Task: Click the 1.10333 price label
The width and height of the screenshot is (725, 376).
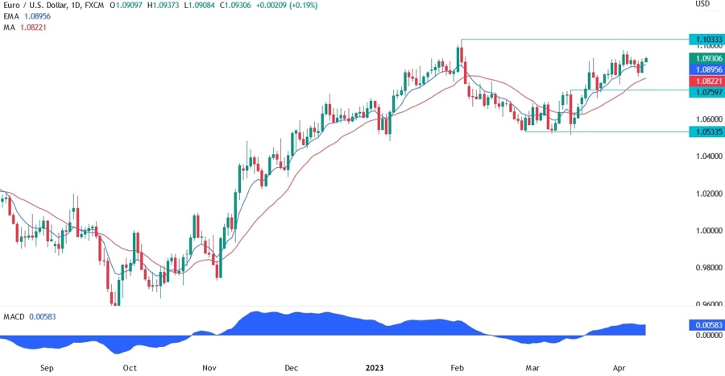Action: coord(706,39)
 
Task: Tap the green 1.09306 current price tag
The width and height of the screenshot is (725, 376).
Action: coord(706,59)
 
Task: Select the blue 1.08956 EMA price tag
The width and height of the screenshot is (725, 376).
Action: coord(706,70)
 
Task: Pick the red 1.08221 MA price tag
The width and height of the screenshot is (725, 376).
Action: coord(706,82)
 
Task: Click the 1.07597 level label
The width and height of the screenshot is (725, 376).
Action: coord(706,93)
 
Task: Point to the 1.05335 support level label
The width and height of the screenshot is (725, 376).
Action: coord(706,132)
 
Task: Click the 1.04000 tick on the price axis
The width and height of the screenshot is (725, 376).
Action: coord(706,157)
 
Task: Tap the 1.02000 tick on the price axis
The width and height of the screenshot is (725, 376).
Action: coord(706,194)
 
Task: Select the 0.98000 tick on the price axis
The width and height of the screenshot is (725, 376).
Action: coord(706,268)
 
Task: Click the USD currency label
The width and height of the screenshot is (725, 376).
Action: coord(702,5)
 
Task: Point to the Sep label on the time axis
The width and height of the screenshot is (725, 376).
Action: coord(46,368)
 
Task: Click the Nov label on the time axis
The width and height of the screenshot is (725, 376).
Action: coord(209,368)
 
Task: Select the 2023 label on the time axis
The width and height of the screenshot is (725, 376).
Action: coord(375,368)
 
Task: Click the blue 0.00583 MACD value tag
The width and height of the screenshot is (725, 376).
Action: coord(706,324)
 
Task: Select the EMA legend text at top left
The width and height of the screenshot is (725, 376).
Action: coord(12,16)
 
